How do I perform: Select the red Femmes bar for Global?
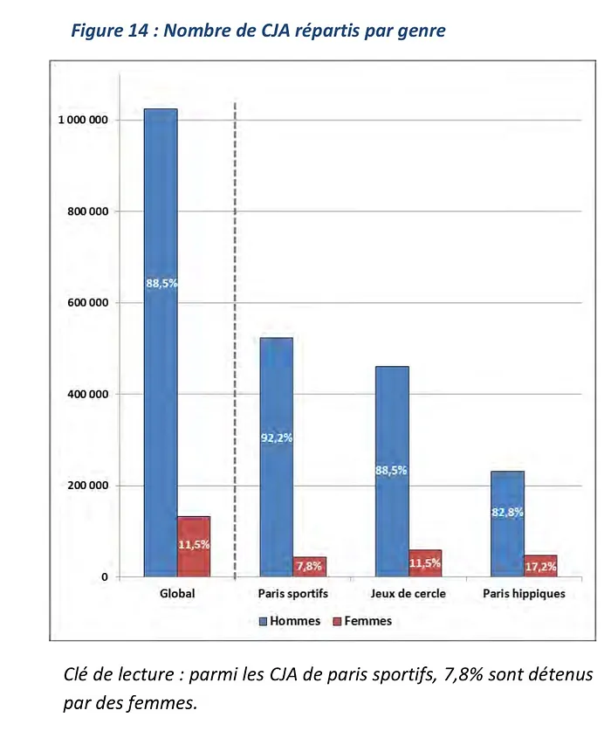pos(194,547)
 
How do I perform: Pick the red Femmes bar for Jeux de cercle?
pos(425,563)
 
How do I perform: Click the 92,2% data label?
pos(277,438)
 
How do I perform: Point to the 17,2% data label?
pos(540,567)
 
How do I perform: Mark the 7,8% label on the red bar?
pos(309,566)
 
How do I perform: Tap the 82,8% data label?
pos(507,513)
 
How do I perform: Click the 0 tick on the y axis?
pos(104,577)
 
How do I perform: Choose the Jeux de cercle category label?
pos(408,594)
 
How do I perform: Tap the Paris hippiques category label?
pos(524,594)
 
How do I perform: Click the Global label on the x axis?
pos(177,594)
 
